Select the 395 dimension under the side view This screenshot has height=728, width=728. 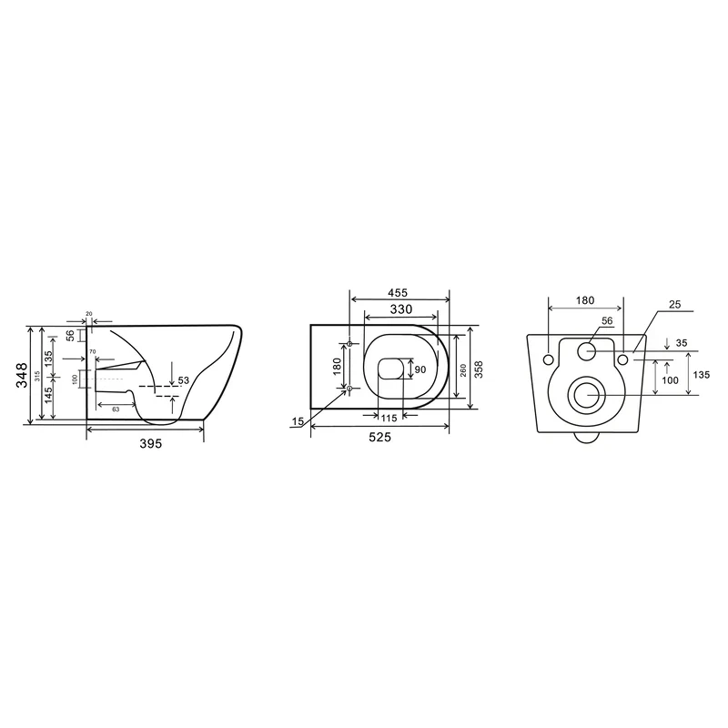(149, 443)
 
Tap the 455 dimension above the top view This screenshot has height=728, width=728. (397, 293)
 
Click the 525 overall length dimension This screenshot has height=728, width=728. (379, 438)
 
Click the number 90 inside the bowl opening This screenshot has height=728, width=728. (420, 369)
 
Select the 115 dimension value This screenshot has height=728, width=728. (389, 418)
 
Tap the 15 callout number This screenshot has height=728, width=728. (298, 420)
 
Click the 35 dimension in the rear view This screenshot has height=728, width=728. (682, 344)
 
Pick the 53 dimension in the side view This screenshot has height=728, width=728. (183, 380)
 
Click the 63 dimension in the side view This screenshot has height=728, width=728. (116, 409)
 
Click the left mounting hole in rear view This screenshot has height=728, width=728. (549, 360)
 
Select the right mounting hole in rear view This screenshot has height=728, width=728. (623, 360)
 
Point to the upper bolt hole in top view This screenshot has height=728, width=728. (350, 343)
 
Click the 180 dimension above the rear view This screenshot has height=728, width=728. (586, 300)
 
